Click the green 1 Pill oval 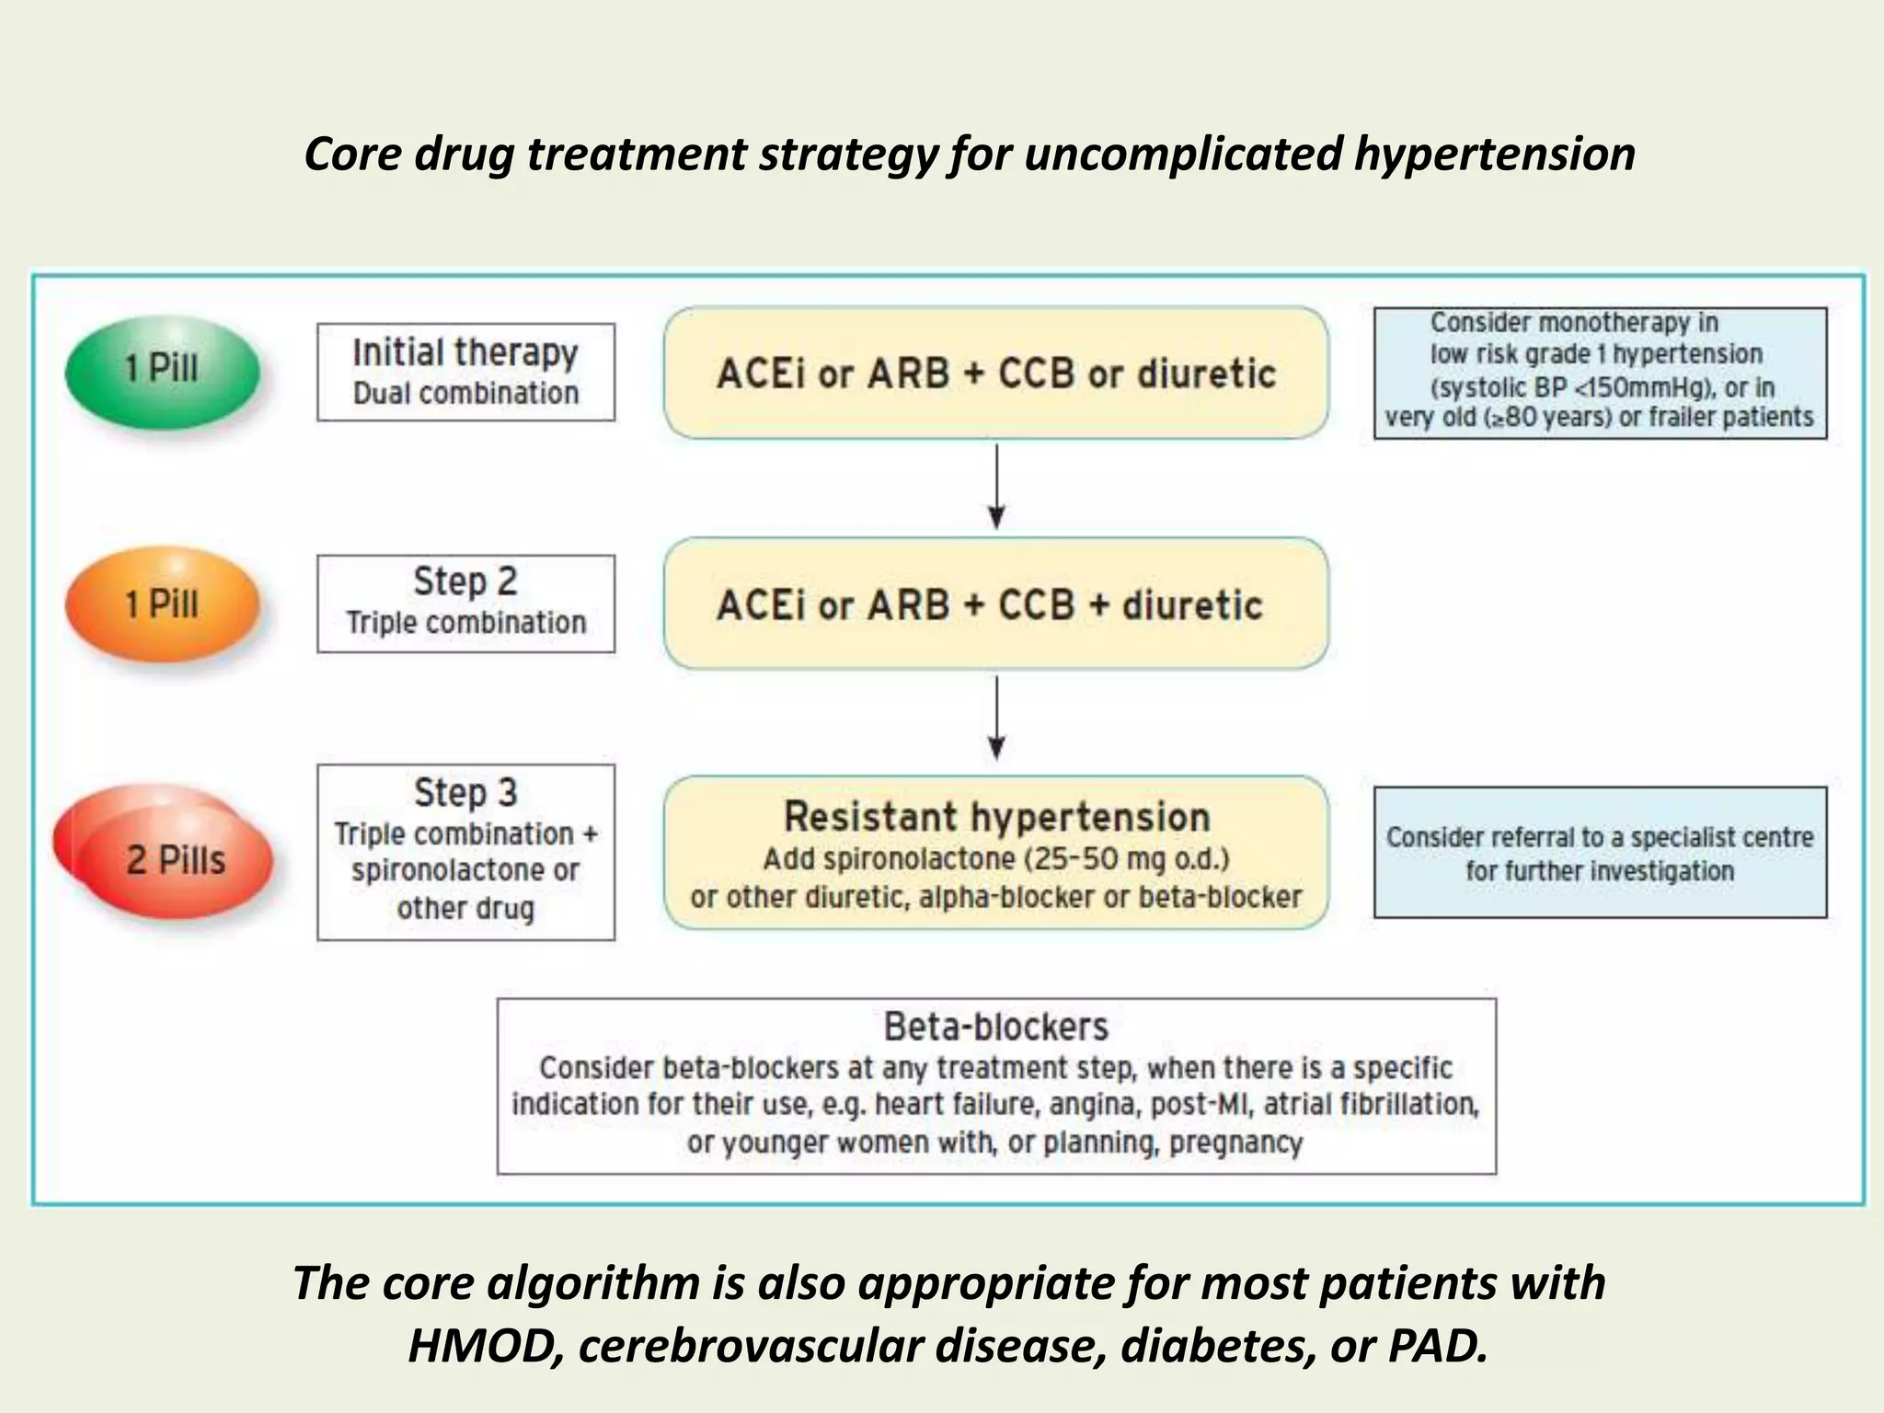pos(163,372)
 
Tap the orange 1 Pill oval pos(163,604)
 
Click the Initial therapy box pos(465,372)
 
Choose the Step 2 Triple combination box pos(465,603)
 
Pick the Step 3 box pos(465,852)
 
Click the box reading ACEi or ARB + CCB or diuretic pos(995,373)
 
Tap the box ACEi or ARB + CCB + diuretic pos(995,604)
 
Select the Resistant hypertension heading pos(995,817)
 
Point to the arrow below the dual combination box pos(996,488)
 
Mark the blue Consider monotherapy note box pos(1600,373)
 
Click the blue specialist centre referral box pos(1600,852)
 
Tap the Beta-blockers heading pos(995,1027)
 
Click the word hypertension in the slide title pos(1494,155)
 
